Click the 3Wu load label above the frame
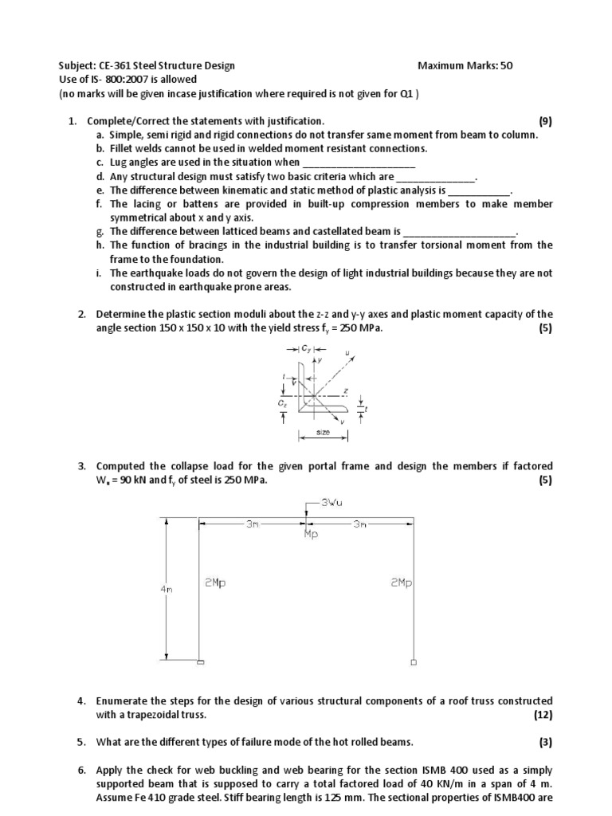(332, 502)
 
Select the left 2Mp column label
(214, 583)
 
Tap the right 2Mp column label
(401, 583)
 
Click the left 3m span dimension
(251, 524)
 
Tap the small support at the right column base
(413, 661)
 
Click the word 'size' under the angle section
(323, 432)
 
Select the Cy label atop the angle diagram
(307, 348)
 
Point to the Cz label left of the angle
(282, 404)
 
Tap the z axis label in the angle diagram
(344, 390)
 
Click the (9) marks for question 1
(545, 121)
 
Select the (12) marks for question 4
(543, 715)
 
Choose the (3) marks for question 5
(545, 742)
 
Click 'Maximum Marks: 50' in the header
(465, 66)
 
